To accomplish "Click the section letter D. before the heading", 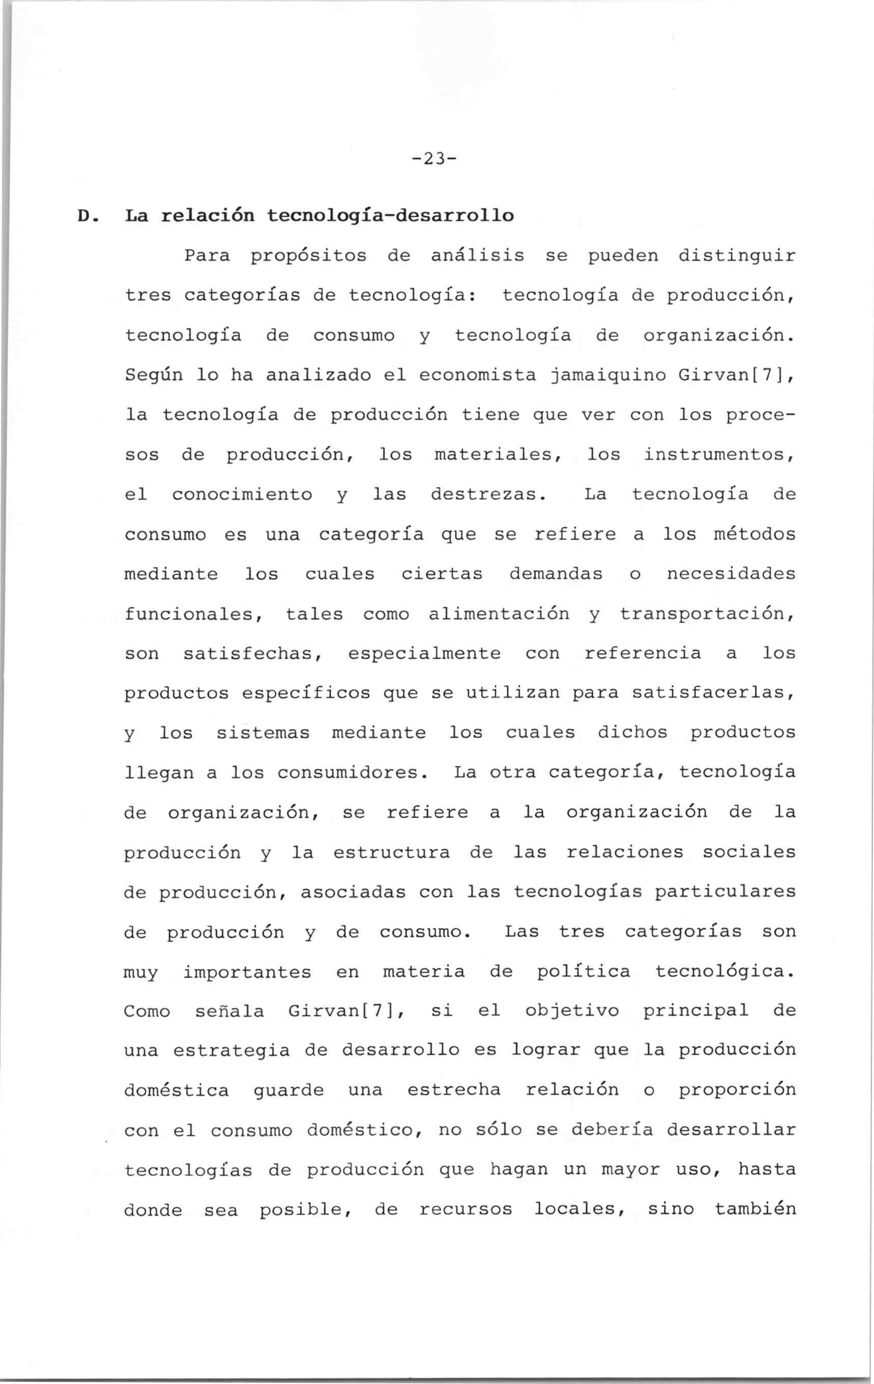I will point(85,216).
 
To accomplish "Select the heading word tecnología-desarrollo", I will point(390,216).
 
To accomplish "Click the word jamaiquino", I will point(609,376).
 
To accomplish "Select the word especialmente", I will point(424,654).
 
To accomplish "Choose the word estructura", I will point(391,852).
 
